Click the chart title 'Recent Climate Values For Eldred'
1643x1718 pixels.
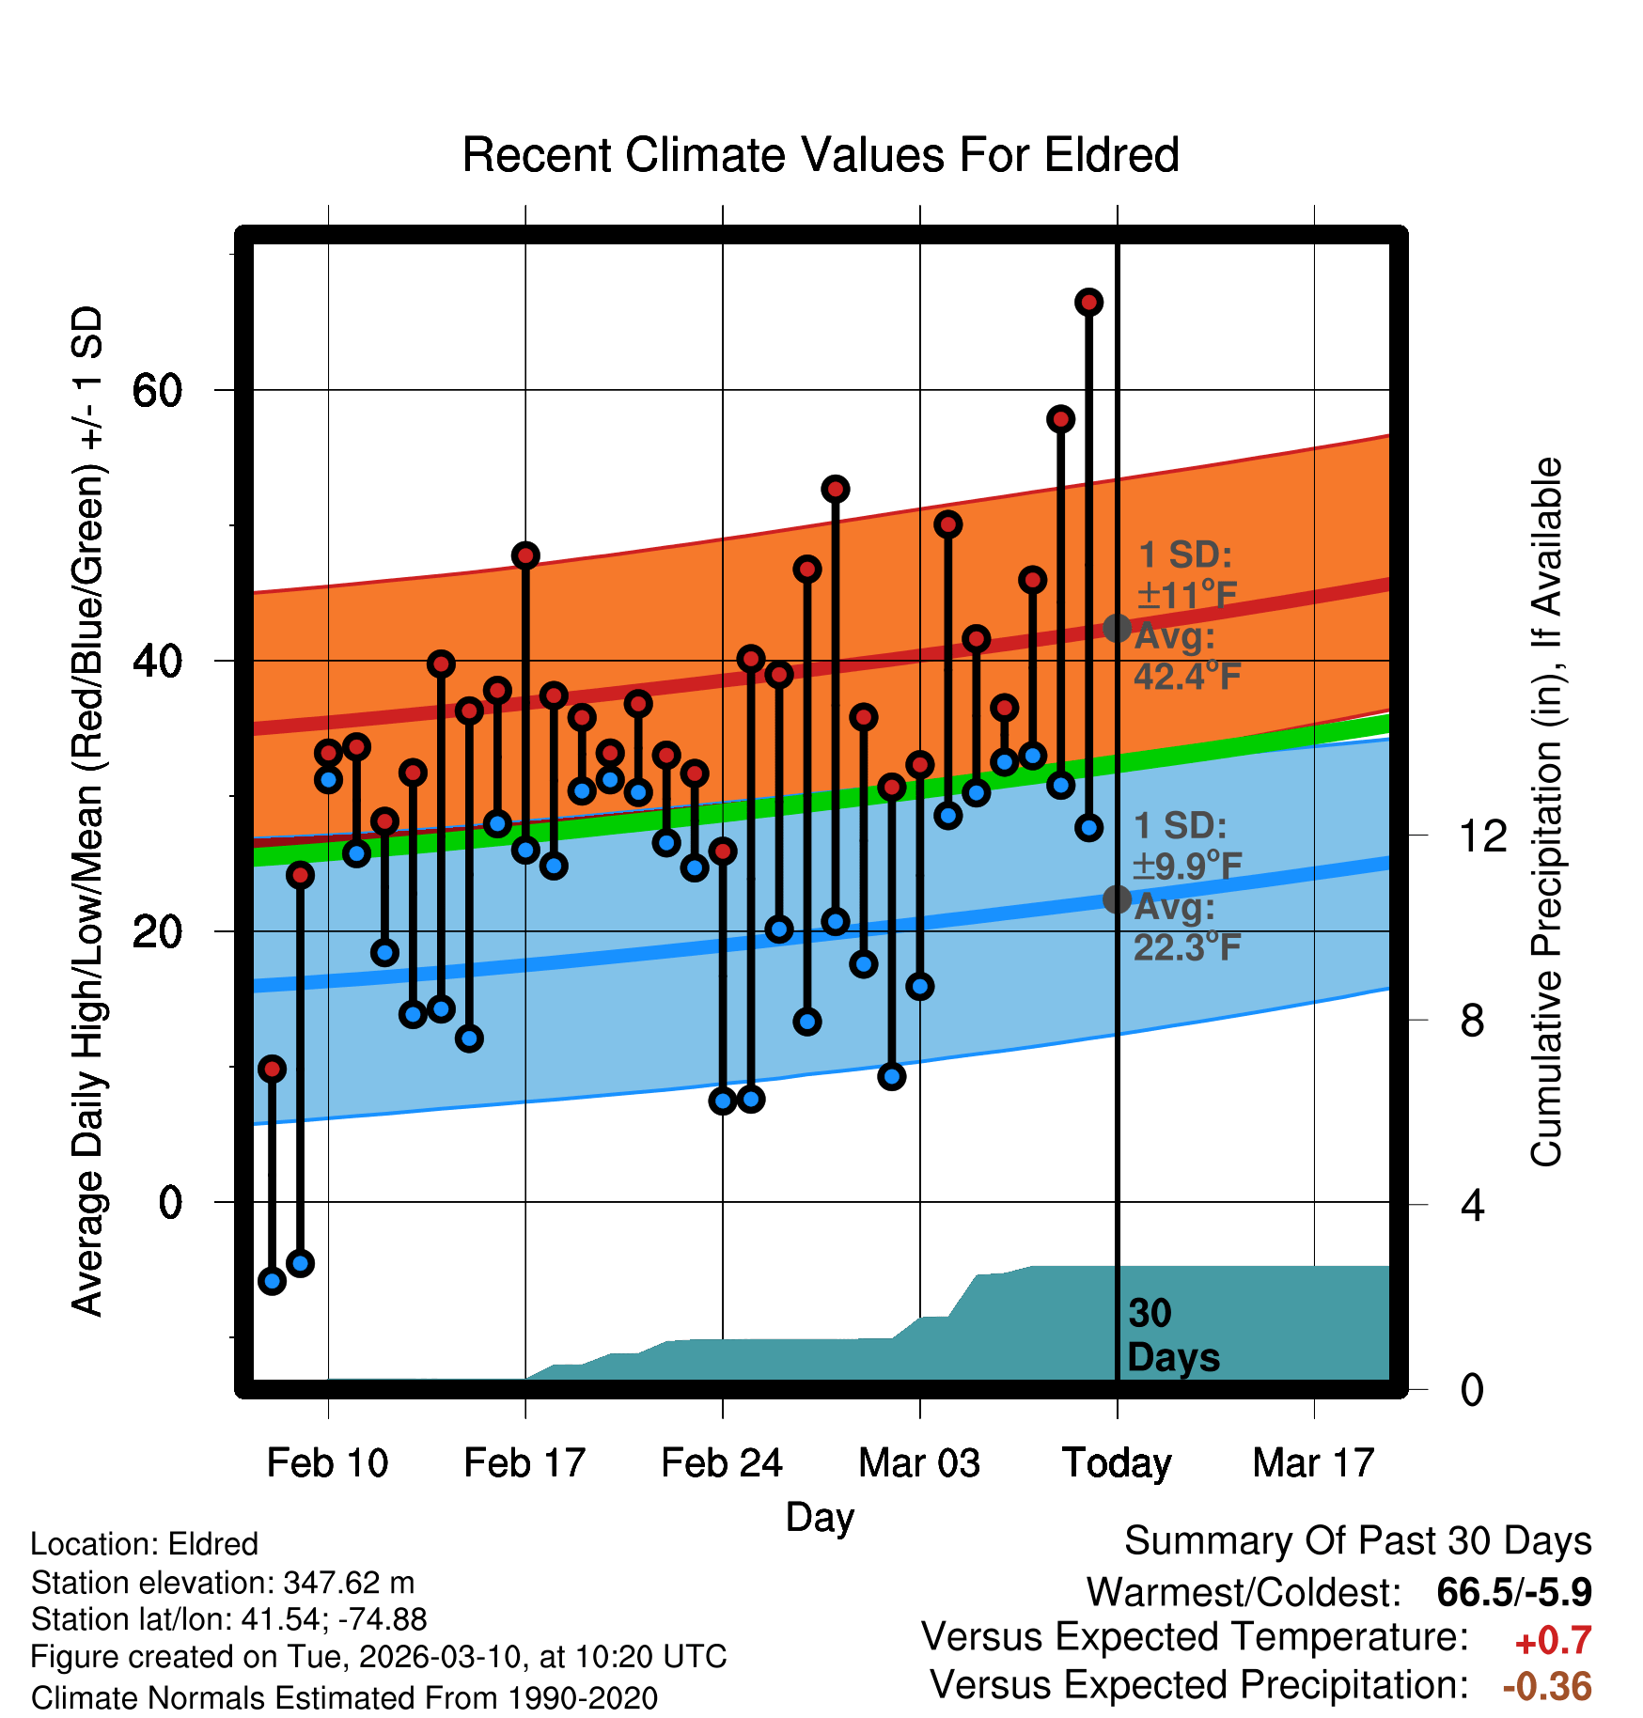[x=821, y=155]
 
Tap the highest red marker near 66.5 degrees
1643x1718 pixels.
[x=1088, y=303]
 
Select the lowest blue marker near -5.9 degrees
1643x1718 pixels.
[x=272, y=1280]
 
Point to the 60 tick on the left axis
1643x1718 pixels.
[x=157, y=390]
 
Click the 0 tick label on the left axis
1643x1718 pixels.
[x=170, y=1202]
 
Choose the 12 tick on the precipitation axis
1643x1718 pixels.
[x=1482, y=836]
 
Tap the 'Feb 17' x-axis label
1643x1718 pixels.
[x=524, y=1463]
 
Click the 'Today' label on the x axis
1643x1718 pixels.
[x=1117, y=1463]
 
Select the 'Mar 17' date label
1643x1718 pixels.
[x=1313, y=1463]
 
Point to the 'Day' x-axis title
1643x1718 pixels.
[x=820, y=1517]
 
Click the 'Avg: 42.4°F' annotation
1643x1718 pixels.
[x=1186, y=656]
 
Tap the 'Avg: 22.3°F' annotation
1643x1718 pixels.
[x=1186, y=927]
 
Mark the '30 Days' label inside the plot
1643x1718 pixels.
[x=1172, y=1335]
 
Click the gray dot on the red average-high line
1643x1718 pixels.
[x=1117, y=628]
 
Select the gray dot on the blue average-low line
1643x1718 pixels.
[x=1117, y=899]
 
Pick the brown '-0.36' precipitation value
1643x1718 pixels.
[x=1547, y=1687]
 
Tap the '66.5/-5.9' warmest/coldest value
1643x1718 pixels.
[x=1514, y=1592]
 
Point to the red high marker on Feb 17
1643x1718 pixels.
[x=525, y=555]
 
